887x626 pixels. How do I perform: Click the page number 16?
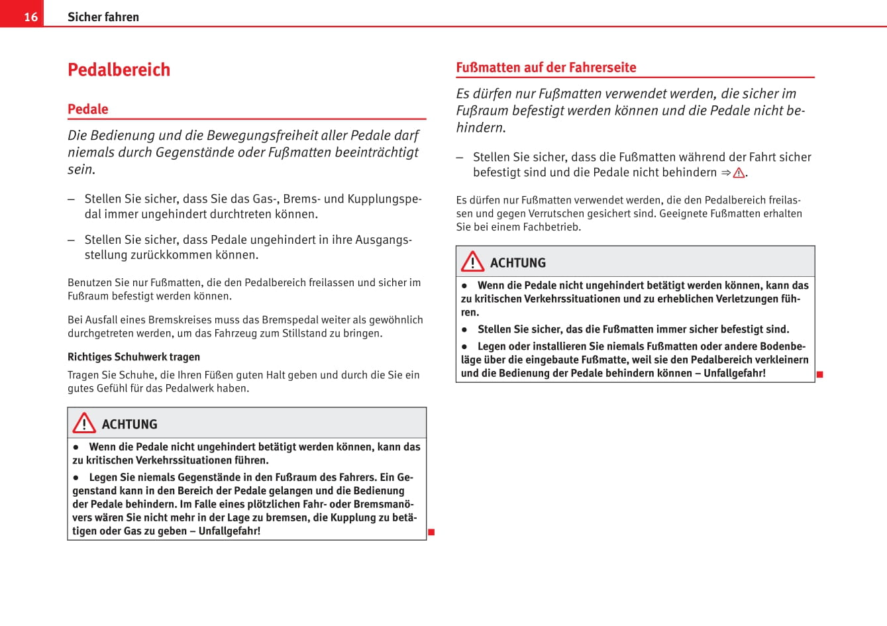(30, 17)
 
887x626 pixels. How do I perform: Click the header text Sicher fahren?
(103, 17)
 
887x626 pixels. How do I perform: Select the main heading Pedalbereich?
(119, 70)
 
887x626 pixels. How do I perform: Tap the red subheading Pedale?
(88, 109)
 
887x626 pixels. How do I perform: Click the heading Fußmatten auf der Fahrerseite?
(546, 68)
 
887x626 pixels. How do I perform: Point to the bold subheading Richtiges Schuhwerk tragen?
(134, 357)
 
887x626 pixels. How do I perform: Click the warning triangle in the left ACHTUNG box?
(84, 423)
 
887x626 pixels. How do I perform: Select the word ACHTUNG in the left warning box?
(130, 425)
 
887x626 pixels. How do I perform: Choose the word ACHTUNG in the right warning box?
(518, 263)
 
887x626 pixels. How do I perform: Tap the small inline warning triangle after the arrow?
(739, 173)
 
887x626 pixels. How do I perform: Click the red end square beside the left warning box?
(431, 532)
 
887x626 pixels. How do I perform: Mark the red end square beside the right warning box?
(819, 374)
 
